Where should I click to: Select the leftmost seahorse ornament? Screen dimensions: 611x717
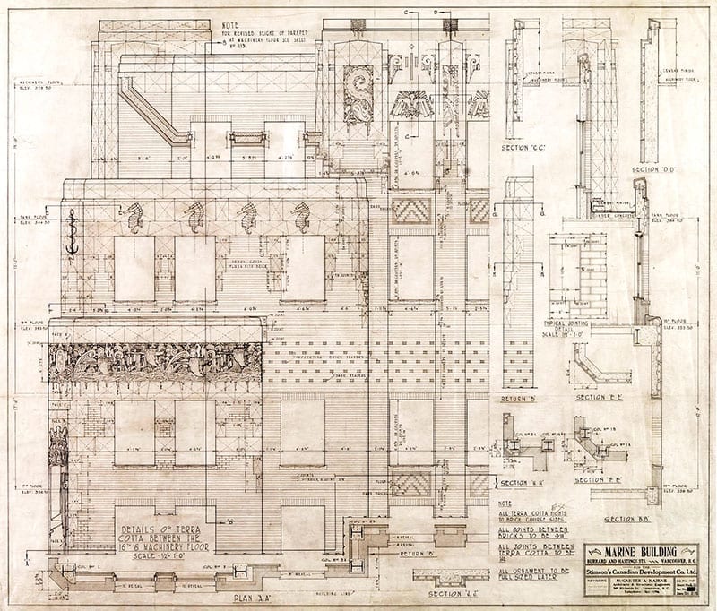coord(134,218)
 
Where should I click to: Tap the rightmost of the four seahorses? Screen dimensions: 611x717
coord(300,218)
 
